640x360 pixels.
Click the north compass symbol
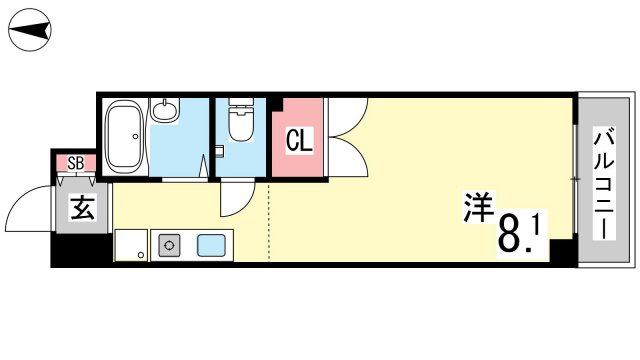[x=30, y=30]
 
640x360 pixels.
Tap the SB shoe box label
[x=76, y=164]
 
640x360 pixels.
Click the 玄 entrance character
[x=83, y=208]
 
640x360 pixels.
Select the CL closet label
[x=299, y=140]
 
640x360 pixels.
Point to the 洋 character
[x=478, y=207]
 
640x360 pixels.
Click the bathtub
[x=124, y=136]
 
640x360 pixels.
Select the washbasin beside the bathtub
[x=165, y=109]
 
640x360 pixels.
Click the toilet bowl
[x=240, y=120]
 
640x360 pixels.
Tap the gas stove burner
[x=169, y=245]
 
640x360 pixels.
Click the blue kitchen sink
[x=211, y=245]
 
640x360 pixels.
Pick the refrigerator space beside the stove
[x=131, y=245]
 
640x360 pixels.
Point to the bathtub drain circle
[x=136, y=137]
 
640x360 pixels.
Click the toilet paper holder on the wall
[x=219, y=151]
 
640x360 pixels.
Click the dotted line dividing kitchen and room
[x=269, y=222]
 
